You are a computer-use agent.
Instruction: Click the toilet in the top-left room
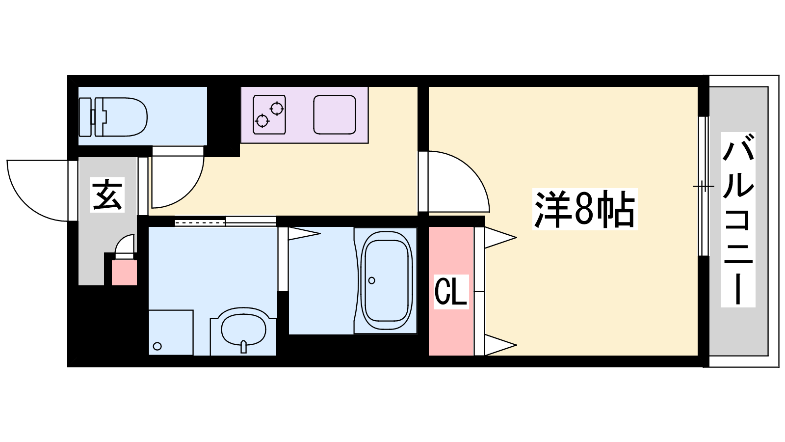113,117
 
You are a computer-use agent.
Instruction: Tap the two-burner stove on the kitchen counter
269,115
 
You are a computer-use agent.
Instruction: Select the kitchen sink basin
335,115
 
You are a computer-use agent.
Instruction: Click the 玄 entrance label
107,194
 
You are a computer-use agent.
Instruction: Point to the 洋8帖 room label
584,209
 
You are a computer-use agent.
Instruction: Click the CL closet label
451,292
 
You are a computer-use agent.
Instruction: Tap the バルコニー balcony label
738,220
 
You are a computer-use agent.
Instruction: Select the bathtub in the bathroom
386,280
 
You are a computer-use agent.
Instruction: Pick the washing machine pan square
171,332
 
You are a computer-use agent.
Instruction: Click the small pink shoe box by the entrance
124,273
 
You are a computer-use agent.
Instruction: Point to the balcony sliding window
703,186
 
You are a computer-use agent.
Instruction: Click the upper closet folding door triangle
500,238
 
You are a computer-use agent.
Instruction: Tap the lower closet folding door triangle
500,345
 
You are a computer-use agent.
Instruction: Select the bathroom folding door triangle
304,234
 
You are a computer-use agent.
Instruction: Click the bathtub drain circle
372,280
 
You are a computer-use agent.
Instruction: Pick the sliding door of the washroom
225,221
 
